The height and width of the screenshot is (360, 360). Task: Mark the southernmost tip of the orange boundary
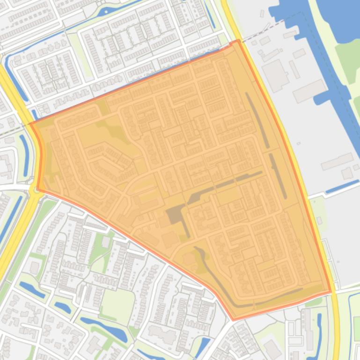click(233, 320)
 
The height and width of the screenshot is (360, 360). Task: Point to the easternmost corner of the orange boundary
click(331, 292)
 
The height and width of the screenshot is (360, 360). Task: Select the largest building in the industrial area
click(276, 75)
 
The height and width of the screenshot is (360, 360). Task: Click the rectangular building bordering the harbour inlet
click(310, 91)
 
